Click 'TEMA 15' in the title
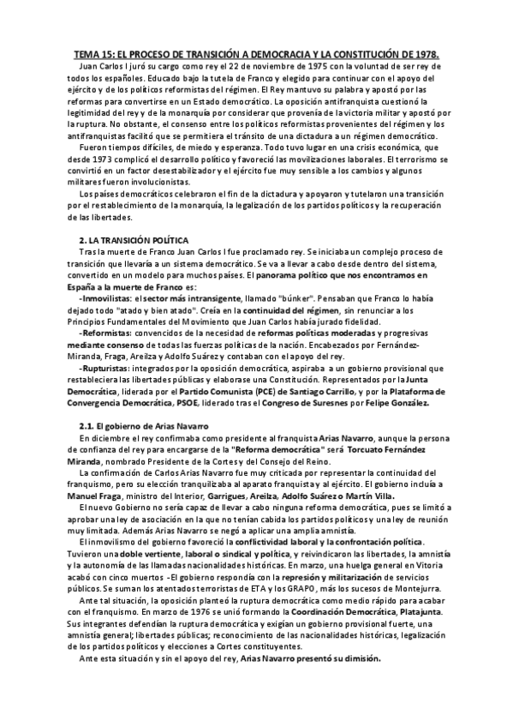(x=90, y=51)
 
